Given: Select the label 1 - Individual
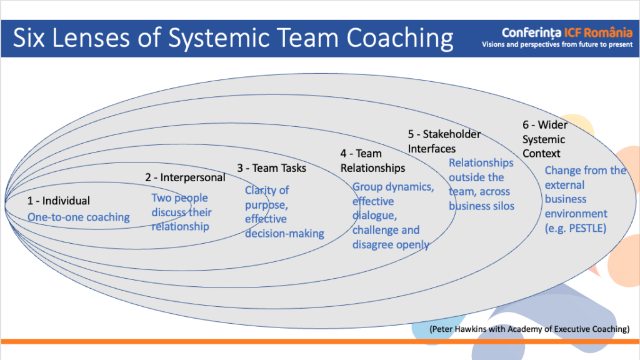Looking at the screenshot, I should coord(58,201).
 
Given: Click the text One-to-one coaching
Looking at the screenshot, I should coord(78,217).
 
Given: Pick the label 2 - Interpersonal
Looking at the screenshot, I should coord(185,177).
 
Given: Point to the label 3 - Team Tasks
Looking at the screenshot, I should coord(272,167).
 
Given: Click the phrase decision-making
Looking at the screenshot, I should coord(284,234).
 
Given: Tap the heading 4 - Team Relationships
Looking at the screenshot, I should coord(372,161).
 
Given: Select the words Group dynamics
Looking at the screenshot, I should coord(392,187).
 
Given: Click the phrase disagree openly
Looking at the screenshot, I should coord(391,244).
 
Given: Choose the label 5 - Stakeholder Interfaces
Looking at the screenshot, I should coord(444,141).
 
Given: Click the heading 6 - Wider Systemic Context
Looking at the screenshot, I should coord(543,139).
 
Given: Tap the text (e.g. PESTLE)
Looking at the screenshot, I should coord(576,228).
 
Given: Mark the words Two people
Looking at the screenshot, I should coord(180,198).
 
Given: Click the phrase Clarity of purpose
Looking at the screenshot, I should coord(267,197).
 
